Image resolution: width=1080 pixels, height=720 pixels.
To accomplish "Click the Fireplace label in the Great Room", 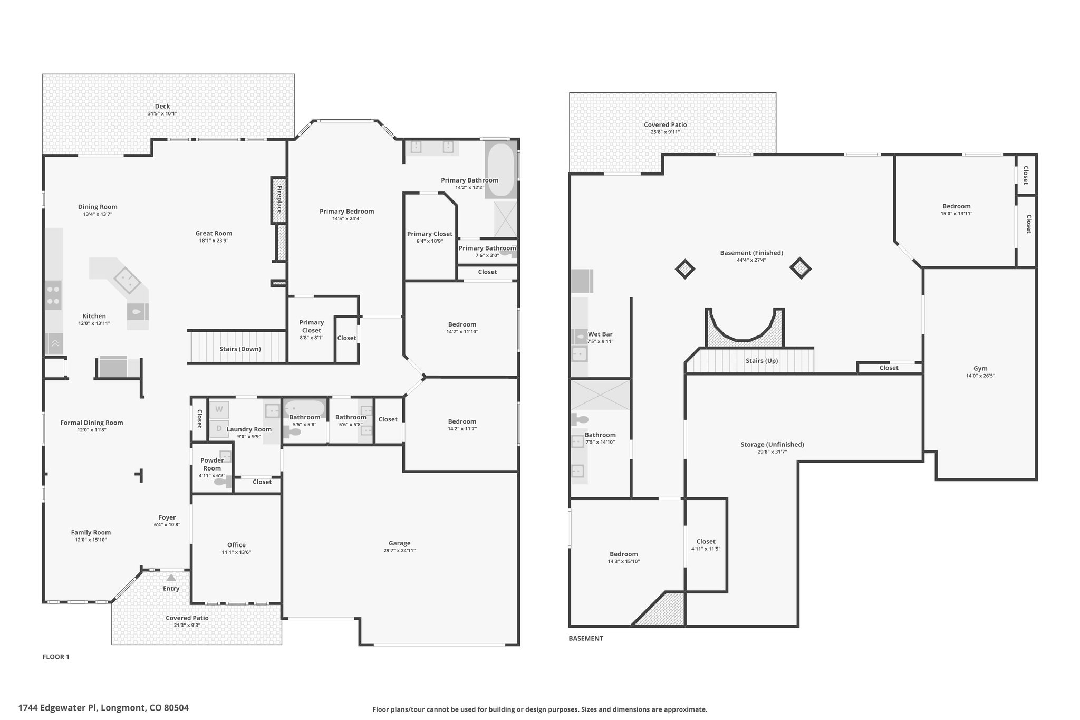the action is (279, 196).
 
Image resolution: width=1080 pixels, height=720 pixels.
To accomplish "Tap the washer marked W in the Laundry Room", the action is (219, 409).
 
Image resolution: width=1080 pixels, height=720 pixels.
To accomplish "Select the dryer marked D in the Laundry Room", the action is (219, 429).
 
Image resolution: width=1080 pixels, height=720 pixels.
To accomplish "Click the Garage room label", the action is (400, 543).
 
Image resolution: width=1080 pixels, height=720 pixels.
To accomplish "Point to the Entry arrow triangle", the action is (171, 578).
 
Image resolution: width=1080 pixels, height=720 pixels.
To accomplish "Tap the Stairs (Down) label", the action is (240, 349).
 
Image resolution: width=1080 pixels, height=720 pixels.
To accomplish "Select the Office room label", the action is (236, 545).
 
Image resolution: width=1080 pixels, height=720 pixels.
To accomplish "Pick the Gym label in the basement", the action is (980, 369).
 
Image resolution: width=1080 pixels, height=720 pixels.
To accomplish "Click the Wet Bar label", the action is (600, 334).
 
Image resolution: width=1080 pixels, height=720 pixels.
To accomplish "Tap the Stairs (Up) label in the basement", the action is (761, 361).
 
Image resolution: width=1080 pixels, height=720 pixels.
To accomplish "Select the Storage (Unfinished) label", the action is (772, 445).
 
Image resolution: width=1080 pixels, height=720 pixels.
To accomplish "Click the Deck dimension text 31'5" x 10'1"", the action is (162, 114).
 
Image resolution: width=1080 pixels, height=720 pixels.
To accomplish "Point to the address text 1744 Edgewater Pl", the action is (59, 708).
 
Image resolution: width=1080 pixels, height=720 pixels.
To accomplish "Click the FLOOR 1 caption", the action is (56, 657).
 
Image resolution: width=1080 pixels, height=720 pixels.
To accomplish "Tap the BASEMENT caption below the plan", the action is (586, 638).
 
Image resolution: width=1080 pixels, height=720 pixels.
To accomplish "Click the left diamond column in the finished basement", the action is (685, 269).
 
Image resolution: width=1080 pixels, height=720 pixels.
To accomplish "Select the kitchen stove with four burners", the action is (53, 295).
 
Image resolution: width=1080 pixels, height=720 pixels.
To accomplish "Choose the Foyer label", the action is (167, 517).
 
